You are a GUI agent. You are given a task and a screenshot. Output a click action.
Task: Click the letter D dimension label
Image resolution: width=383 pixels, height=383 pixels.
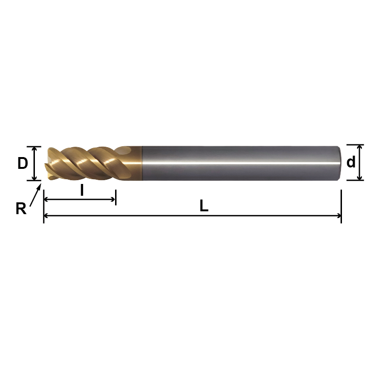click(23, 164)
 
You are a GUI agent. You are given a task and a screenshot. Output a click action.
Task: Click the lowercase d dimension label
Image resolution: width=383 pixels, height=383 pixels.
click(351, 163)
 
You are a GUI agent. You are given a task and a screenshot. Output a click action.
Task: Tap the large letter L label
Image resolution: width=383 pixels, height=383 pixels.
click(204, 206)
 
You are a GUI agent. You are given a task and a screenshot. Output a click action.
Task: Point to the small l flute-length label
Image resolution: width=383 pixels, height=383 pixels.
click(82, 190)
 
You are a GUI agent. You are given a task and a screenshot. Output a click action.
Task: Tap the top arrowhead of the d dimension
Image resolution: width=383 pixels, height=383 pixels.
click(360, 148)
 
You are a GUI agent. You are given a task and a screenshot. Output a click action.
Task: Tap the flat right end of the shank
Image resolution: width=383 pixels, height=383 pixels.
click(340, 163)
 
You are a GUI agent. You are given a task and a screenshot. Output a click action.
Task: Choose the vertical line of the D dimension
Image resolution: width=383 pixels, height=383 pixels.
click(34, 163)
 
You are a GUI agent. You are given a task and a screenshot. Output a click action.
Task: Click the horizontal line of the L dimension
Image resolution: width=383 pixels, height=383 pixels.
click(189, 216)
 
